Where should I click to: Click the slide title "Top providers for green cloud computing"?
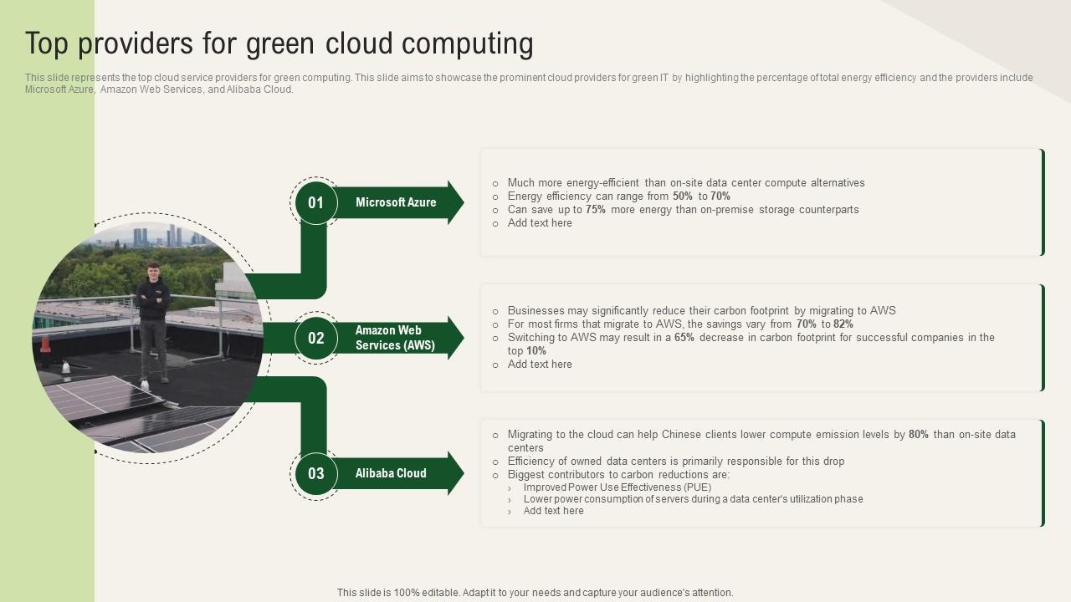pos(279,43)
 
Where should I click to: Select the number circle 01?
pos(315,202)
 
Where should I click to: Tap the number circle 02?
pos(315,338)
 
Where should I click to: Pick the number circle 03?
pos(315,473)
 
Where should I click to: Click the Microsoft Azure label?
pos(396,202)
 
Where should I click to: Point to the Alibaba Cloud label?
pos(391,473)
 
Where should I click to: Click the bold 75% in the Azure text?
pos(596,210)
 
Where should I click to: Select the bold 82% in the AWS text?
pos(843,324)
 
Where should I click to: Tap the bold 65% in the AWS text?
pos(684,338)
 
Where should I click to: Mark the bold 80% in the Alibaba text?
pos(919,435)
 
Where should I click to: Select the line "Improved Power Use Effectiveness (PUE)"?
pos(617,487)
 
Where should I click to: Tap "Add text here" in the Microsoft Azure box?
pos(540,223)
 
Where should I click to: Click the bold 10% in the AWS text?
pos(536,351)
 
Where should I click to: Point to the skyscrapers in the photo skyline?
pos(172,236)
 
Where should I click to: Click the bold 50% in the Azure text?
pos(684,196)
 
